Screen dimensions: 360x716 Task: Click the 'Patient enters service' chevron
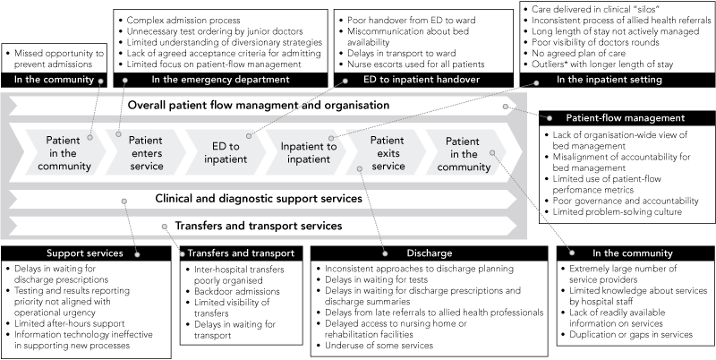pos(145,153)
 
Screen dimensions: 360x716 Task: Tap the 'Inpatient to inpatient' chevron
pos(303,153)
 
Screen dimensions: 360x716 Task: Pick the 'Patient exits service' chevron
pos(387,153)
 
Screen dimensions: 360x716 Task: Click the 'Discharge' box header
pos(427,253)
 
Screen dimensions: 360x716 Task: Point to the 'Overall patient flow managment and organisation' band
pos(258,106)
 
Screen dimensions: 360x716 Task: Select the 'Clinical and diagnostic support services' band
pos(258,198)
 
